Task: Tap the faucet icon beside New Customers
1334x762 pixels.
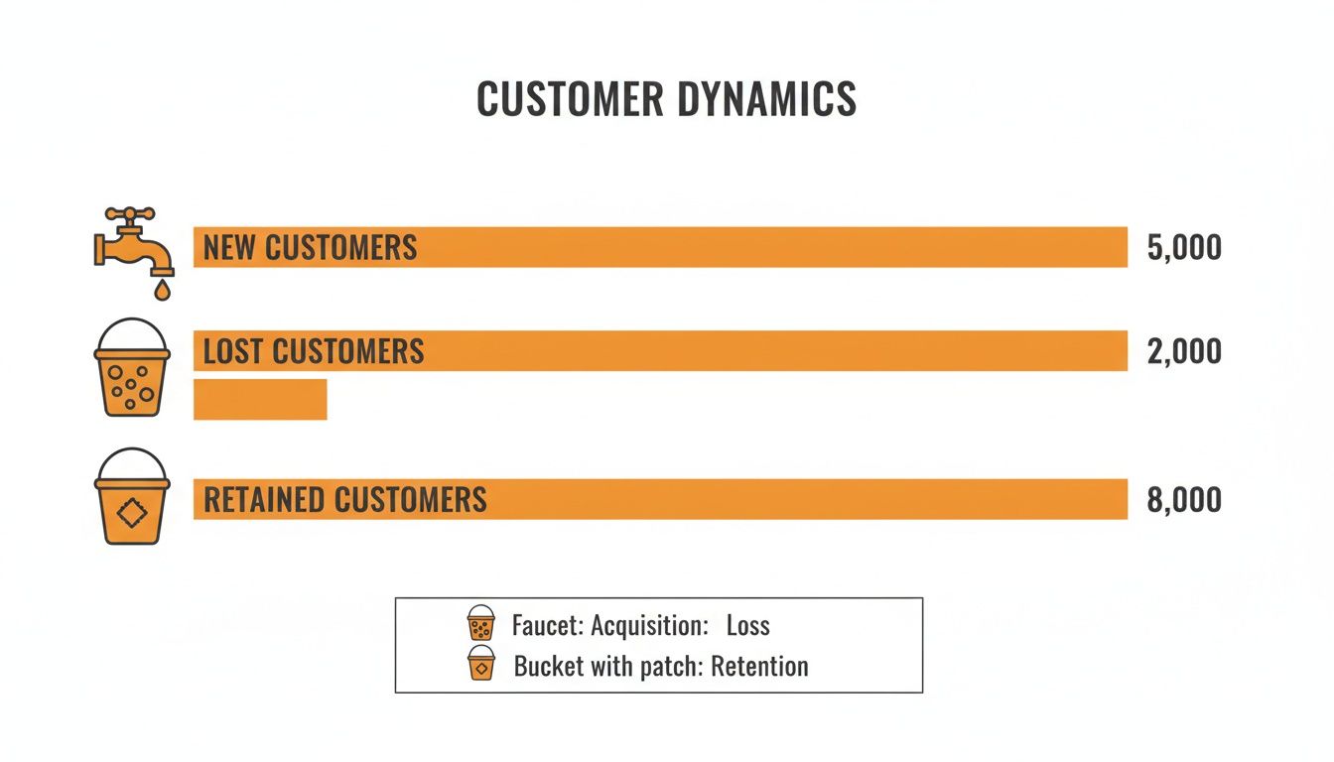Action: point(133,243)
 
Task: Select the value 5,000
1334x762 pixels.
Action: point(1183,247)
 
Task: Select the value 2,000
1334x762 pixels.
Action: point(1183,352)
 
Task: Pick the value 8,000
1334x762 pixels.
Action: point(1183,499)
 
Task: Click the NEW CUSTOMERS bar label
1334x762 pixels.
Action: point(310,247)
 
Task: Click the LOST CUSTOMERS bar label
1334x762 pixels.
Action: point(314,351)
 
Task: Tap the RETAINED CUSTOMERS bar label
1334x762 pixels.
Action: point(344,499)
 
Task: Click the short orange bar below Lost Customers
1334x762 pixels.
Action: point(260,399)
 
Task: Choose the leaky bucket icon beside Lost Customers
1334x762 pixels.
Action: point(132,369)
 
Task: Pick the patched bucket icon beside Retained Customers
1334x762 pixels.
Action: point(132,498)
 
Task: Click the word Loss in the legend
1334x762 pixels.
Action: point(747,626)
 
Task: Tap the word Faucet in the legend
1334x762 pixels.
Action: point(545,626)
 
